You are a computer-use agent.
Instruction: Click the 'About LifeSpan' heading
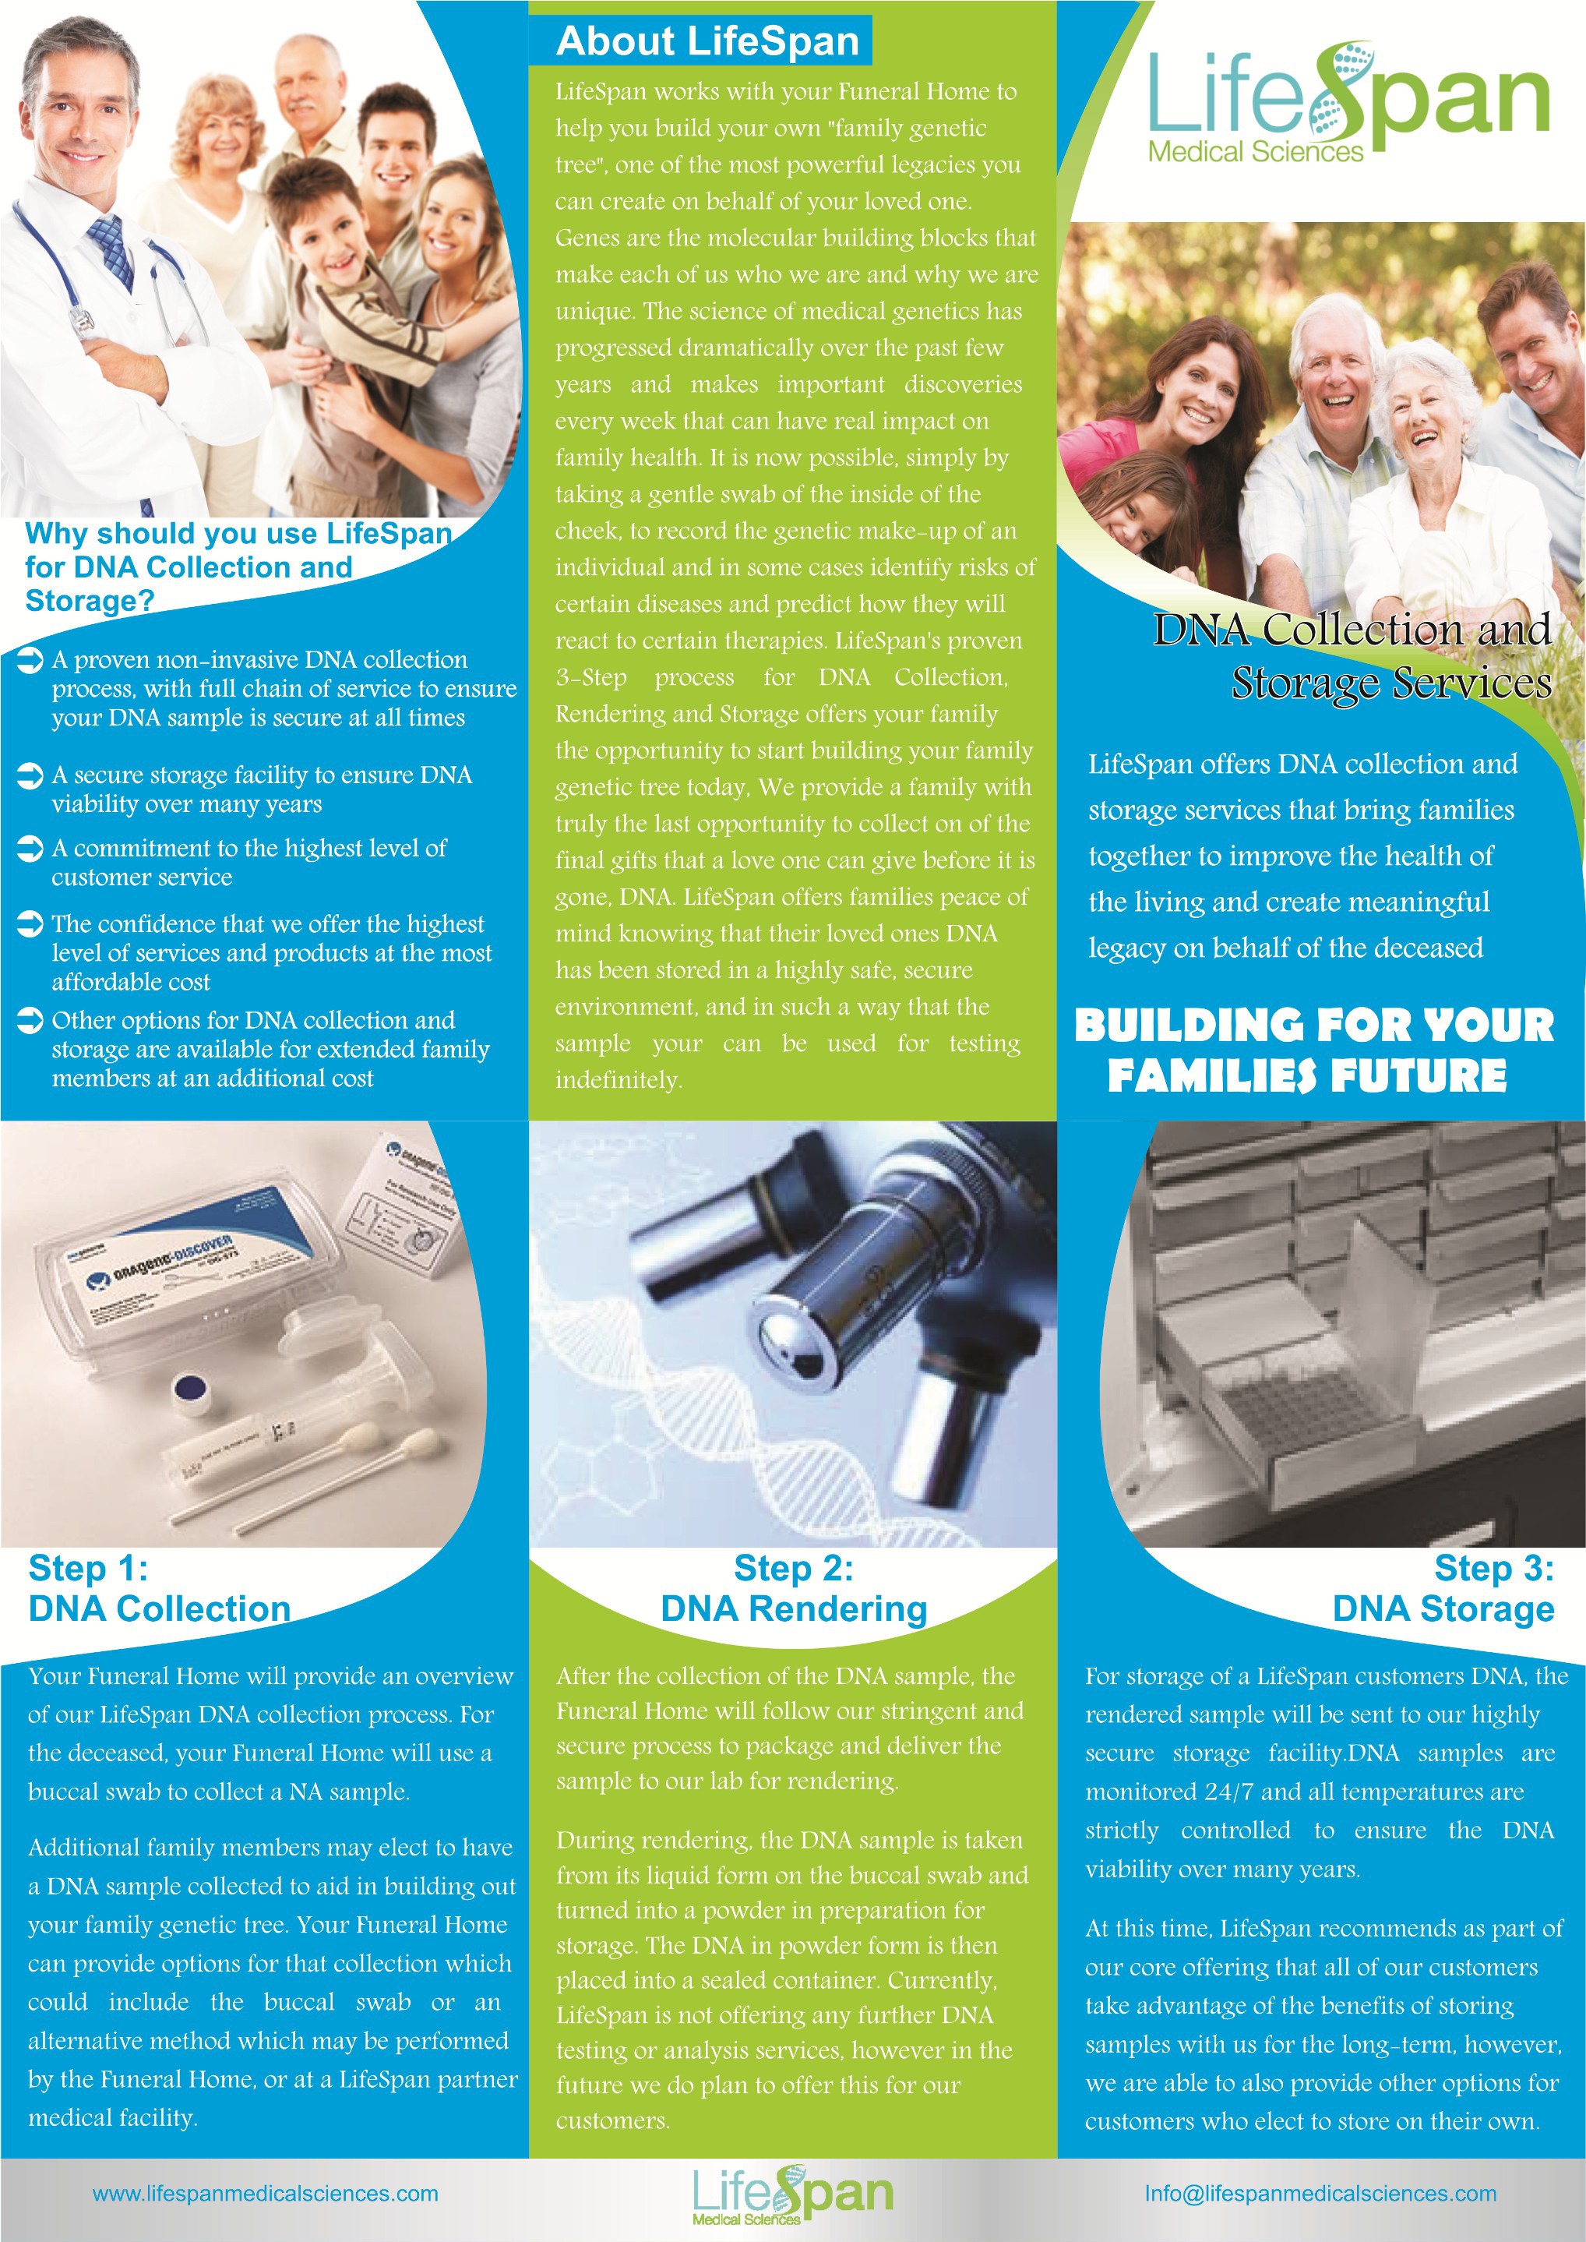(x=707, y=42)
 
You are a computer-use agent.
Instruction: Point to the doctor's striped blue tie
(x=113, y=250)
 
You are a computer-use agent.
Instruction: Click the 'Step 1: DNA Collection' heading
(x=160, y=1588)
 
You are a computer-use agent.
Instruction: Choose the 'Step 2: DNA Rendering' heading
(x=793, y=1588)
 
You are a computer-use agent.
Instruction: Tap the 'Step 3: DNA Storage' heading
(x=1443, y=1588)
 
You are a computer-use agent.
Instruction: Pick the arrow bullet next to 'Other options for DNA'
(x=30, y=1021)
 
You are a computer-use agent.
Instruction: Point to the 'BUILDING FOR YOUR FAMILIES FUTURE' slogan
(x=1313, y=1051)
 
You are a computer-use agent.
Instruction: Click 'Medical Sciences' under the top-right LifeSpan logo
(x=1255, y=151)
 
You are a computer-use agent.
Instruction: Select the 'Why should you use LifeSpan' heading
(x=238, y=567)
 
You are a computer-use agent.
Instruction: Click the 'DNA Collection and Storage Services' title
(x=1352, y=656)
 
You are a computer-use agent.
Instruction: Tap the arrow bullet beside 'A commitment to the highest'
(x=30, y=849)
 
